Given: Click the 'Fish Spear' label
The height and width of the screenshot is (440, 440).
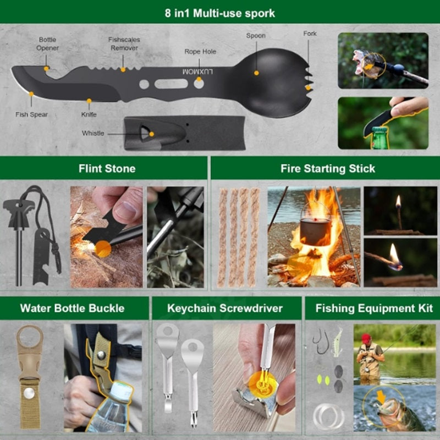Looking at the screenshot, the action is click(x=31, y=114).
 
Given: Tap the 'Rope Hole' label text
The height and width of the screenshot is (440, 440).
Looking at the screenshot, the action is click(x=200, y=52).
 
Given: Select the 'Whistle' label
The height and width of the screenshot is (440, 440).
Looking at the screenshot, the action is click(x=93, y=133).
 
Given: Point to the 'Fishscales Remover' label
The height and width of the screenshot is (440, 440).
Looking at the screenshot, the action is click(x=124, y=44).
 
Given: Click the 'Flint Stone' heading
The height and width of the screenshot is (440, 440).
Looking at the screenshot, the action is click(x=107, y=169).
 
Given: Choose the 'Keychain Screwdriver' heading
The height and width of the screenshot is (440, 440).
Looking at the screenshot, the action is click(x=225, y=309).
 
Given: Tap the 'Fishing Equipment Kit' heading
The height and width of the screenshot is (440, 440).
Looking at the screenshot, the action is click(x=374, y=309).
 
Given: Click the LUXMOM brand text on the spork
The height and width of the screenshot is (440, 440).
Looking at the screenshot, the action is click(x=197, y=72).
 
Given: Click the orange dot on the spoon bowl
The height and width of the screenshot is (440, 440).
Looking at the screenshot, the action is click(x=256, y=73).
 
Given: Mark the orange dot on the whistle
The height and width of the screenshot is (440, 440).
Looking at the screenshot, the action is click(x=152, y=134).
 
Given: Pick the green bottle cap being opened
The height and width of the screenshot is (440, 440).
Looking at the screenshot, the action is click(x=380, y=130).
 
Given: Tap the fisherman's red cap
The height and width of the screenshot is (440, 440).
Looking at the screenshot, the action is click(x=366, y=338).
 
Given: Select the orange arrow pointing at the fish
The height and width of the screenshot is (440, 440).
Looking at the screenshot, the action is click(x=381, y=397).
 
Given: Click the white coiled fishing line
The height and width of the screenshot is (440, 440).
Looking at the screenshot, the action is click(x=328, y=416).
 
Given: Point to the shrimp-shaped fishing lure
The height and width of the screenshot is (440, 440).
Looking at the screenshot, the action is click(x=338, y=342).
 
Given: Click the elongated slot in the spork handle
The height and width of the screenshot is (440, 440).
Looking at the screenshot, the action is click(x=171, y=84).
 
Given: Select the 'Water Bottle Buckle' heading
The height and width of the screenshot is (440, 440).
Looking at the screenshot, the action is click(x=73, y=309).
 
